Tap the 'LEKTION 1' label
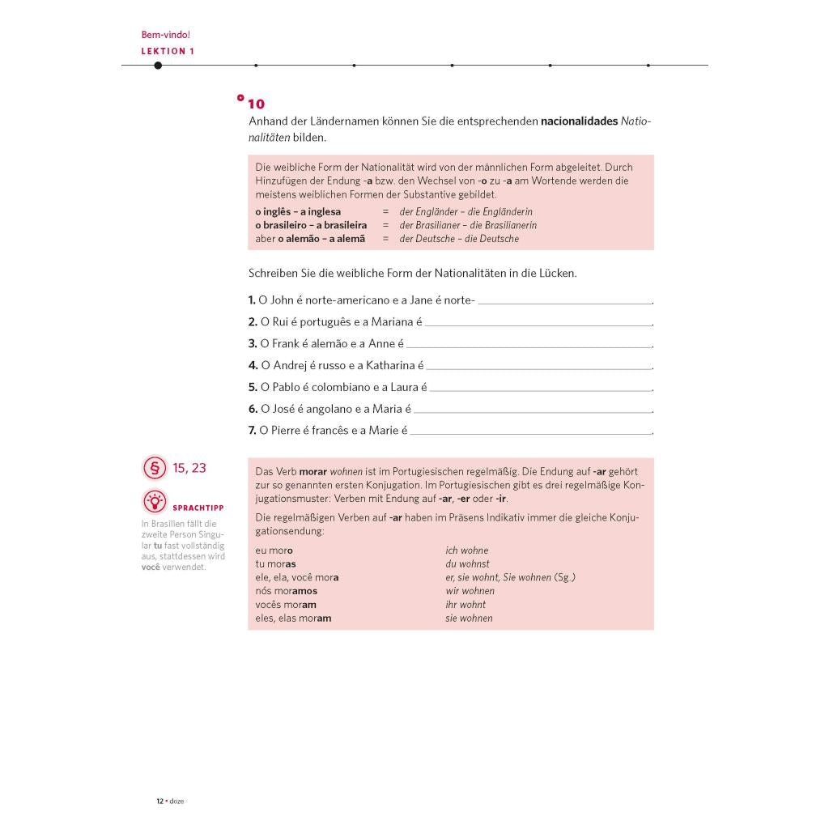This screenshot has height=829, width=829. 168,51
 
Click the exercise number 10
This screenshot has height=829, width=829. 256,104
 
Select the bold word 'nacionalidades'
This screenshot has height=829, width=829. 579,121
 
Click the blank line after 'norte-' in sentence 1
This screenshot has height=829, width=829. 564,301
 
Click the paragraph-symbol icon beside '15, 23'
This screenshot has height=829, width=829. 154,468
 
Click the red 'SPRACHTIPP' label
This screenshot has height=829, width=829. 198,508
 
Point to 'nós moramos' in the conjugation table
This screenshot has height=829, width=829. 286,591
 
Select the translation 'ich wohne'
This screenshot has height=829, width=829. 467,551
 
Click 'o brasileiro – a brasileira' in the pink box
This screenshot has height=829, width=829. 310,225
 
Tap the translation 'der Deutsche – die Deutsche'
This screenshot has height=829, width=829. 459,239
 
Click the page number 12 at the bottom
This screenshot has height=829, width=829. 160,801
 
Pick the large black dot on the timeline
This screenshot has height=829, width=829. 158,66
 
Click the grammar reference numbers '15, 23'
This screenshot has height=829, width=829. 189,468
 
